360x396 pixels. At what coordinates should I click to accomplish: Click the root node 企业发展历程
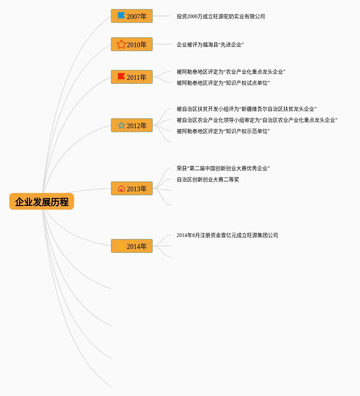[x=42, y=202]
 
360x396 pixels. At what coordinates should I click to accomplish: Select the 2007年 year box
[x=132, y=16]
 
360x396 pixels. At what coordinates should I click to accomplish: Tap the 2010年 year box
[x=132, y=45]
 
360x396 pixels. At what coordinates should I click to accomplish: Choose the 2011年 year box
[x=132, y=77]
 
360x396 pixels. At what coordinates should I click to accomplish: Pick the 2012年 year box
[x=132, y=126]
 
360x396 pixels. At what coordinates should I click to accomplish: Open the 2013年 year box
[x=132, y=189]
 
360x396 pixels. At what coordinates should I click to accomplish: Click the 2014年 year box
[x=132, y=246]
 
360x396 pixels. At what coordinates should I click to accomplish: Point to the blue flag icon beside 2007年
[x=121, y=16]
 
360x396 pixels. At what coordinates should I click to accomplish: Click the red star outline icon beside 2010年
[x=121, y=45]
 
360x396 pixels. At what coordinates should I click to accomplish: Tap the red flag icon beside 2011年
[x=121, y=77]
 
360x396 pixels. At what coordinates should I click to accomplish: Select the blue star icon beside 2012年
[x=121, y=126]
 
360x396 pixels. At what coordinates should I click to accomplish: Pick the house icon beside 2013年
[x=121, y=189]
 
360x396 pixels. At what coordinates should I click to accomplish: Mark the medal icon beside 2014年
[x=121, y=246]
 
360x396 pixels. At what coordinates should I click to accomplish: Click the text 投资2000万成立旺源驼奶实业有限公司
[x=221, y=16]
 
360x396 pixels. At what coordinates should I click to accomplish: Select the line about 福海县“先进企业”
[x=210, y=45]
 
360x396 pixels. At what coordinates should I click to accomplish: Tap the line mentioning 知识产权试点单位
[x=223, y=83]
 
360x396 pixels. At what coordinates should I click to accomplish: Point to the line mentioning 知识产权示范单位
[x=223, y=131]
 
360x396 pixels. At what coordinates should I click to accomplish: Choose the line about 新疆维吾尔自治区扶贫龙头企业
[x=247, y=109]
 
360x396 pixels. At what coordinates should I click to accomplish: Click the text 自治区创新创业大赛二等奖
[x=208, y=179]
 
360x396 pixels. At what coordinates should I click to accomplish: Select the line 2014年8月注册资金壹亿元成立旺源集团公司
[x=227, y=235]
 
